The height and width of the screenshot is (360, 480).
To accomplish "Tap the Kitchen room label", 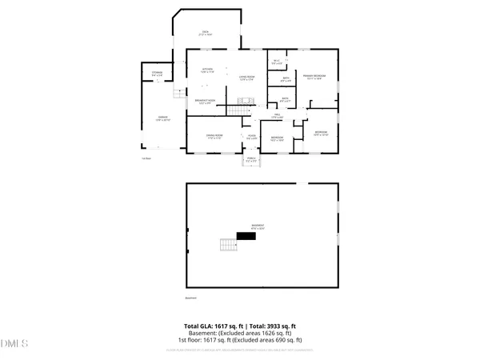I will coord(208,70).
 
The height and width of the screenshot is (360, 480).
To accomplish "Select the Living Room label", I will coord(247,78).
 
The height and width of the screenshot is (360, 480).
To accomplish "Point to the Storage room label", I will coord(158,74).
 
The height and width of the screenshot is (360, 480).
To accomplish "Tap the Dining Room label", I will coord(213,137).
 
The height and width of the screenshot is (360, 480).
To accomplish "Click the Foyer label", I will coord(251,137).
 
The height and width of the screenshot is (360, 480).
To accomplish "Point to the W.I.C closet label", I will coord(277,62).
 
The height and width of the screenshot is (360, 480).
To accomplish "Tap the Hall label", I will coord(277,117).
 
